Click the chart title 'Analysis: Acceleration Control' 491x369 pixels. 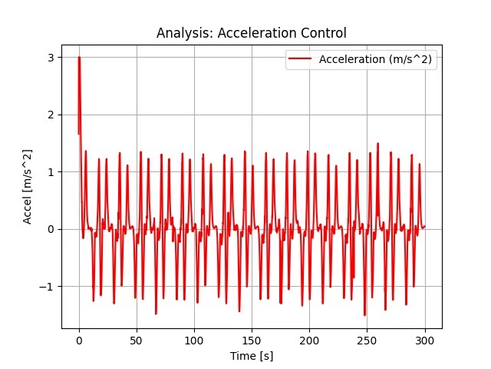(252, 33)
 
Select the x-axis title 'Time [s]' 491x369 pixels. (252, 356)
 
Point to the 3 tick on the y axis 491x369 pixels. (51, 58)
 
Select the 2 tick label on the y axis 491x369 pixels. (51, 115)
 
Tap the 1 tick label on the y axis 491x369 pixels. (51, 172)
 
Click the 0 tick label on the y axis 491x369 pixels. (51, 229)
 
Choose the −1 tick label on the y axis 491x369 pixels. (48, 287)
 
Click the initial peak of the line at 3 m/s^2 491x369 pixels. (79, 58)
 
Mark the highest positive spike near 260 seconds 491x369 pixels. (377, 144)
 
